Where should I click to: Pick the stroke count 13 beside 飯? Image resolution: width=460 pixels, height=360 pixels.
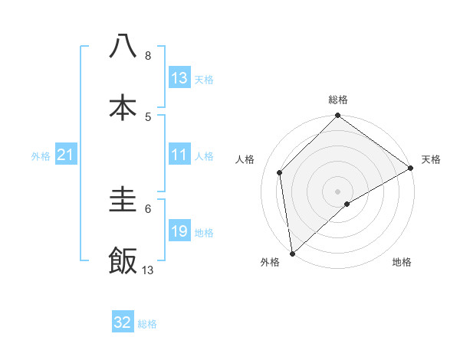pos(148,270)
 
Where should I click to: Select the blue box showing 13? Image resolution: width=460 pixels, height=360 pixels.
pos(179,78)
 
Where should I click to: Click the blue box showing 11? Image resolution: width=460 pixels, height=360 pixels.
pos(179,155)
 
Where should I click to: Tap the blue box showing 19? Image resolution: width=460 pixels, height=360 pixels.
pos(179,232)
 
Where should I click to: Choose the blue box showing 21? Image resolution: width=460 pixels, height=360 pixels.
pos(66,155)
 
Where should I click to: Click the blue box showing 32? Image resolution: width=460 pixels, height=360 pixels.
pos(123,322)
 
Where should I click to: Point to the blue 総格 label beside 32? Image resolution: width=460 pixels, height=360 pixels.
pos(147,324)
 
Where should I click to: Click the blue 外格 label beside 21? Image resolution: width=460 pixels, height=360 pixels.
pos(41,156)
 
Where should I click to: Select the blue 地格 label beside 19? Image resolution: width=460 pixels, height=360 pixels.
pos(204,233)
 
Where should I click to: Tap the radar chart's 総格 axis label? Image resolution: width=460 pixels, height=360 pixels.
pos(338,100)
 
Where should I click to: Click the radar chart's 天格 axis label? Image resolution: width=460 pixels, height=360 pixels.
pos(431,159)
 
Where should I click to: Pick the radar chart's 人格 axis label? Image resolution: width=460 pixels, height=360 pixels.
pos(245,159)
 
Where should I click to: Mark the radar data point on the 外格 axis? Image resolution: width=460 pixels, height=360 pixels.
pos(292,253)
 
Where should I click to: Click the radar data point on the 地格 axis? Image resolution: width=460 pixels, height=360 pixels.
pos(347,204)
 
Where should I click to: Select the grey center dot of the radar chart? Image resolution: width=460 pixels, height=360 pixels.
pos(337,191)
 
